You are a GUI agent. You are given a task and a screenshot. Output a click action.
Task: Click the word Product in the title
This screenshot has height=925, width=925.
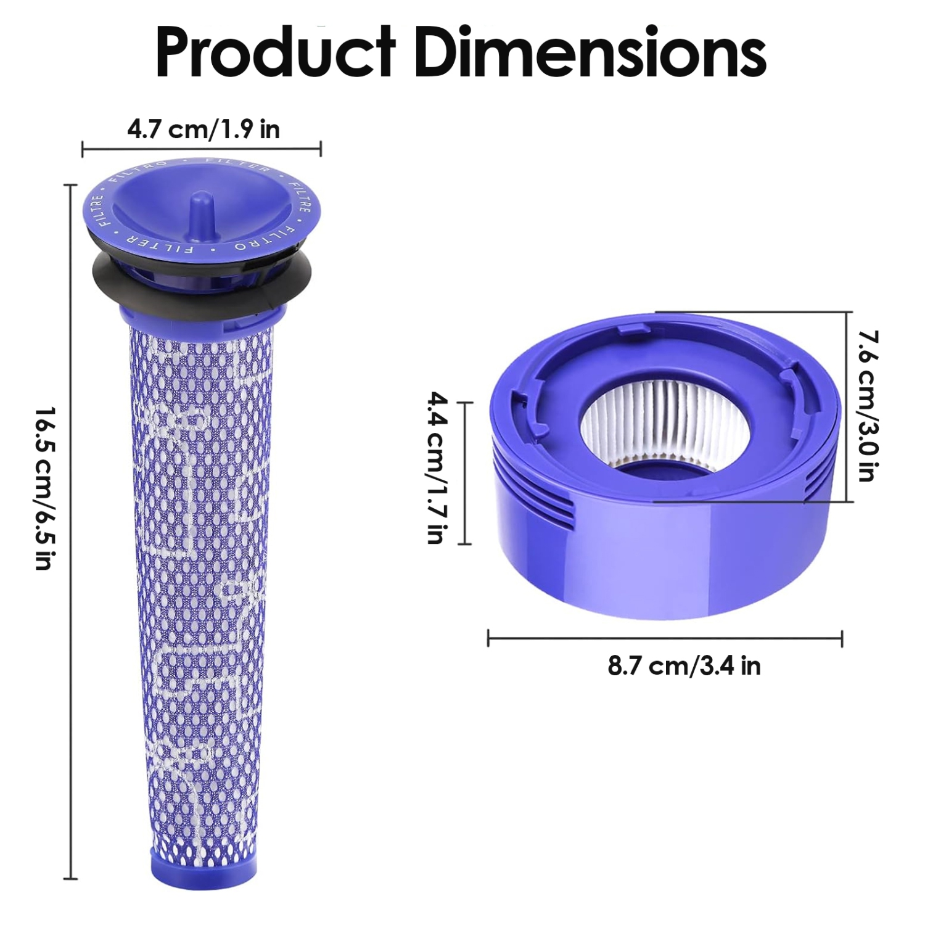(x=275, y=54)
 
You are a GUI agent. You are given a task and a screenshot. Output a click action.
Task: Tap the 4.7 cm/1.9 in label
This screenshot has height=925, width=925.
(x=203, y=129)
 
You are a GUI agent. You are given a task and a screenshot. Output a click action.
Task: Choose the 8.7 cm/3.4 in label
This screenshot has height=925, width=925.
(x=684, y=666)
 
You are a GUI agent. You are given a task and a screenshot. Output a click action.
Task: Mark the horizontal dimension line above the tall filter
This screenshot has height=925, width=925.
(x=202, y=149)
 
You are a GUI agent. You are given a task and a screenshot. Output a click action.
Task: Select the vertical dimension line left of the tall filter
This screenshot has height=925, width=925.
(x=72, y=530)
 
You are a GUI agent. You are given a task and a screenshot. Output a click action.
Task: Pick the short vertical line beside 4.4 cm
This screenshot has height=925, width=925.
(x=465, y=473)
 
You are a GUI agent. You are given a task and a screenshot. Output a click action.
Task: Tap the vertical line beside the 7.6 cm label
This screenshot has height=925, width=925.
(x=846, y=407)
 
